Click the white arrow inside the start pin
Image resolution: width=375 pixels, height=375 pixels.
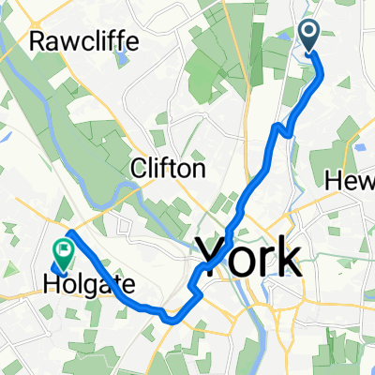[310, 33]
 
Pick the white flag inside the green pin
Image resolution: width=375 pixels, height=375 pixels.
[64, 249]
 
